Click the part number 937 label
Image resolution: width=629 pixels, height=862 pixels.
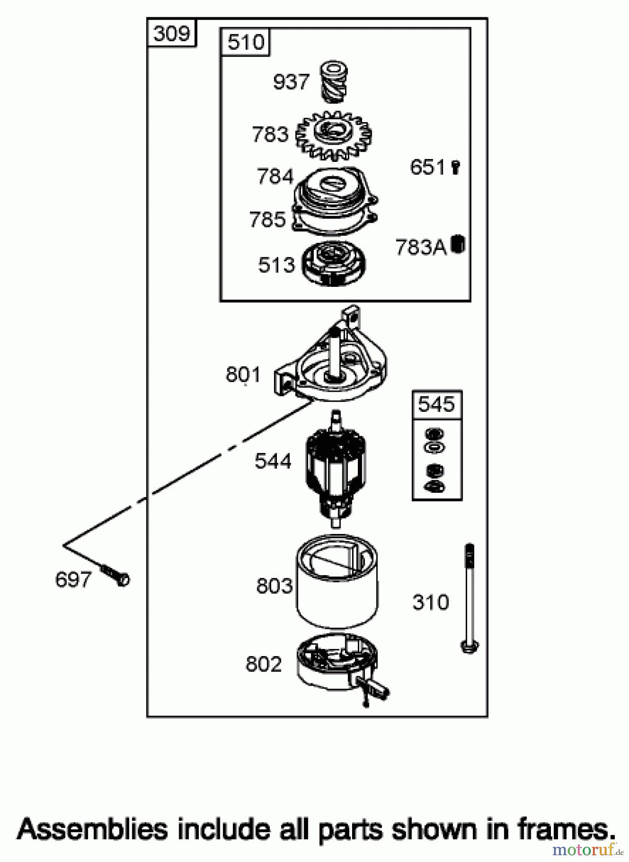291,82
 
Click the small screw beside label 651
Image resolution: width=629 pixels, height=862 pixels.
456,167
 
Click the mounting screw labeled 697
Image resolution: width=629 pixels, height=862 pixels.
115,575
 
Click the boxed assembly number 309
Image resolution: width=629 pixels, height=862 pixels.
172,34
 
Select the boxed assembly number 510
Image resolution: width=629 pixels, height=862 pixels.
246,42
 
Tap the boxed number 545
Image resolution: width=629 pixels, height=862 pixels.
436,404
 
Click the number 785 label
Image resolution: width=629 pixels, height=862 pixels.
267,219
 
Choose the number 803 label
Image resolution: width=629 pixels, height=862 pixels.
274,586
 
